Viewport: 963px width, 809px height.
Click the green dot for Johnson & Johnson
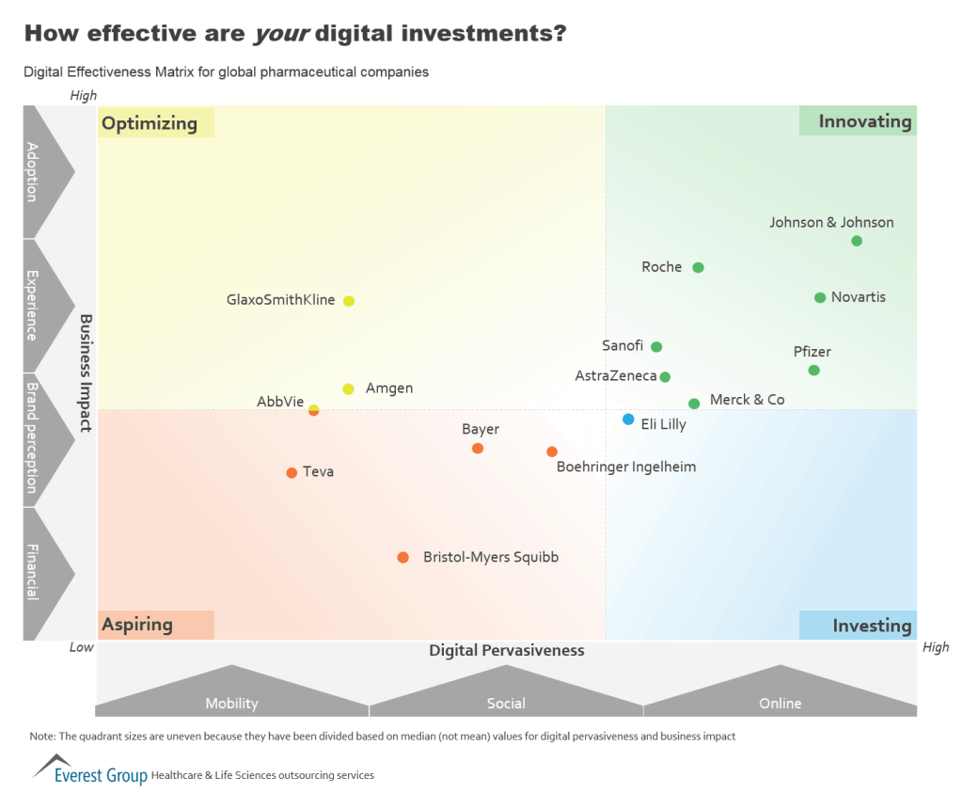click(x=857, y=241)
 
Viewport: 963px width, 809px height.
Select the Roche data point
click(x=698, y=267)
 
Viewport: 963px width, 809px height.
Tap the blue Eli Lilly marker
click(x=628, y=420)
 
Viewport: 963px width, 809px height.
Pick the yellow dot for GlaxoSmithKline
click(x=349, y=301)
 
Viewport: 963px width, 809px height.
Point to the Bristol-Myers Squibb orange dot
click(x=403, y=558)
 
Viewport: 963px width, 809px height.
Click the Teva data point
click(x=292, y=472)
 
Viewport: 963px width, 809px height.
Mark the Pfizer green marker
click(x=814, y=370)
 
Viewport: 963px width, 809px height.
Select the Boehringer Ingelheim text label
click(x=626, y=467)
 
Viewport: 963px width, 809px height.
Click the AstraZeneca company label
click(x=616, y=376)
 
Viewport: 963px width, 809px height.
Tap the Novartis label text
click(x=859, y=297)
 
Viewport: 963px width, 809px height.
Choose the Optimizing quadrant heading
click(x=150, y=123)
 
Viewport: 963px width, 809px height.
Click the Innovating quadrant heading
click(x=864, y=121)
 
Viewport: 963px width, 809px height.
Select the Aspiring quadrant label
click(x=137, y=625)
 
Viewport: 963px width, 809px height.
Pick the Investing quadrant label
click(x=872, y=626)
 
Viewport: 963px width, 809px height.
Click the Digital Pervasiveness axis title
click(x=506, y=651)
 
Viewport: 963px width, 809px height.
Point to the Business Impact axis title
click(x=86, y=373)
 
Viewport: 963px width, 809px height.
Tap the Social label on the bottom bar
click(x=506, y=704)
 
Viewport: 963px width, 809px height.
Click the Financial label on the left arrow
click(x=32, y=572)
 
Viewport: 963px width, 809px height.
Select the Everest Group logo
click(x=90, y=771)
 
